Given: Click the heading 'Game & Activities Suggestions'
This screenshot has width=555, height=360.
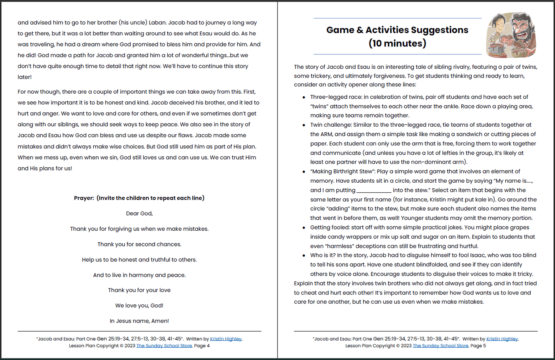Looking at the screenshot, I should [x=397, y=30].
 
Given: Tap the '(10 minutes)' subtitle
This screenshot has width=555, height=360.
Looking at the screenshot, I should [x=397, y=43].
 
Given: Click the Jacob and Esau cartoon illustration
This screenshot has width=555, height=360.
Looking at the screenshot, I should [x=511, y=35].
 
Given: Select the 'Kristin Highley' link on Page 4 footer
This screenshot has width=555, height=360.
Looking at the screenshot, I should [x=226, y=339].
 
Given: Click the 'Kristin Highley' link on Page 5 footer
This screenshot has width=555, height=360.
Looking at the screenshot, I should [x=502, y=339].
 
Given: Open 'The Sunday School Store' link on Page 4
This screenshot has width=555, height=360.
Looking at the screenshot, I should [x=164, y=346].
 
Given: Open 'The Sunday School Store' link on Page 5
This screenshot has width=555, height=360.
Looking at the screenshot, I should [x=440, y=346].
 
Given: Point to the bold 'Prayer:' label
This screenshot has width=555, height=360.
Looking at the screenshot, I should [x=84, y=198].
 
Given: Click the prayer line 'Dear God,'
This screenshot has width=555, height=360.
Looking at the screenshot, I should [x=139, y=213].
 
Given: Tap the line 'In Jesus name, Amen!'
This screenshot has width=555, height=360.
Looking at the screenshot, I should [x=139, y=321].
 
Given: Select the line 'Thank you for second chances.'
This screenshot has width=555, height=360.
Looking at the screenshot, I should [x=139, y=244].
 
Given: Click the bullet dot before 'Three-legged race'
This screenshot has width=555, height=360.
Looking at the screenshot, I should [x=304, y=97].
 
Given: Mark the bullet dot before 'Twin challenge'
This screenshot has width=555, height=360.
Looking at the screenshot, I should [x=304, y=125].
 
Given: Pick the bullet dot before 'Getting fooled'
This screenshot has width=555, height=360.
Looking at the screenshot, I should [x=304, y=228].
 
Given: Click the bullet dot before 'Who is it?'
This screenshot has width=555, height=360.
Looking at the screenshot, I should [x=304, y=256].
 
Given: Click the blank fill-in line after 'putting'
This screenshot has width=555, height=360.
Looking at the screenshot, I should [x=374, y=191].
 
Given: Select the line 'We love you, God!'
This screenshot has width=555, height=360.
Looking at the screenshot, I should [x=139, y=306].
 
